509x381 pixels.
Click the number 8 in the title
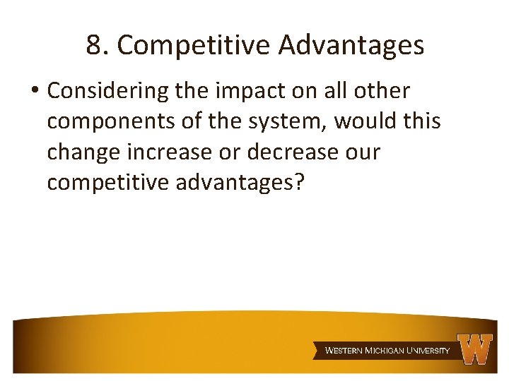tap(94, 45)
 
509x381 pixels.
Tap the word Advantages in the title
tap(351, 45)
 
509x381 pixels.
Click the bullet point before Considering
tap(34, 92)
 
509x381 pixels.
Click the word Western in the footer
tap(344, 350)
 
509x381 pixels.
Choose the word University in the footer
tap(427, 350)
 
